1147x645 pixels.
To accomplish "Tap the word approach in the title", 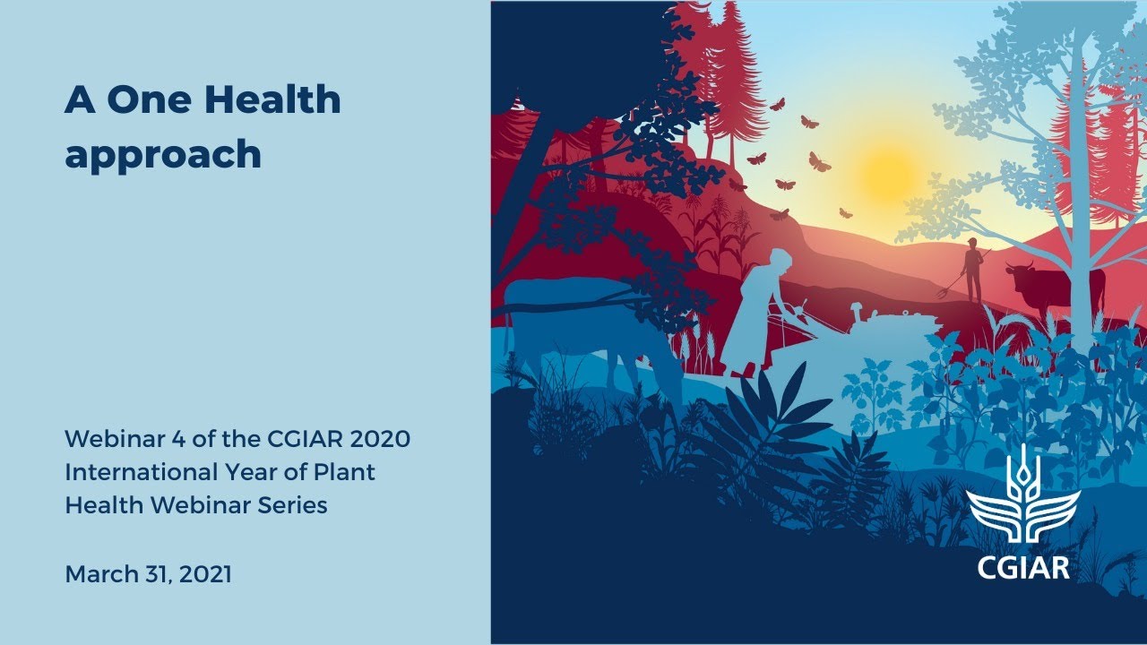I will [162, 154].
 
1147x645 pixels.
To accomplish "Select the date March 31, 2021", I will [148, 574].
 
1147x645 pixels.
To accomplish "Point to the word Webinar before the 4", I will [111, 439].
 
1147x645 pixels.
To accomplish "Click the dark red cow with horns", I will [1048, 287].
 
